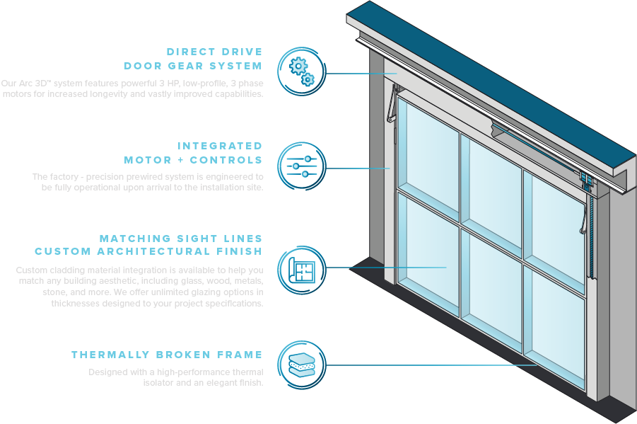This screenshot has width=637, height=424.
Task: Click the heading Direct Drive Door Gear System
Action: pos(193,59)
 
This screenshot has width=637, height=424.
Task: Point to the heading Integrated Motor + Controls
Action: pos(193,153)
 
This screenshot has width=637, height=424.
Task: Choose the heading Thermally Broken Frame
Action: pos(167,355)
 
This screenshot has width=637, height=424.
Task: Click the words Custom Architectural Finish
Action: pos(148,251)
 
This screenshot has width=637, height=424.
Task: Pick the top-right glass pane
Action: pos(556,212)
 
